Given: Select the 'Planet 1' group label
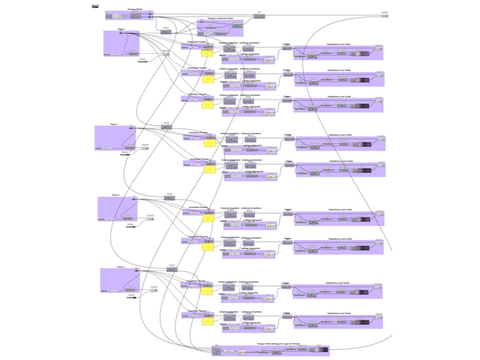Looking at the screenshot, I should [121, 29].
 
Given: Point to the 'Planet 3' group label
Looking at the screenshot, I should [115, 195].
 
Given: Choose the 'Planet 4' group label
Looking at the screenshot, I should [120, 267].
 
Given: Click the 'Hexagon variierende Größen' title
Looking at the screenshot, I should [220, 19].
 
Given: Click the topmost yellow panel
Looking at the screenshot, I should [208, 53].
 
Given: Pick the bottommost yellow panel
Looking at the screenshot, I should [208, 321].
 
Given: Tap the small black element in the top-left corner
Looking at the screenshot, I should [95, 6].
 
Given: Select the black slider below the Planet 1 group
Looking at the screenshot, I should [142, 61].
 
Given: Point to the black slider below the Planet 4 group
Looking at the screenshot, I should [131, 298].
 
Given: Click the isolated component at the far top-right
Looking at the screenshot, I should [384, 14].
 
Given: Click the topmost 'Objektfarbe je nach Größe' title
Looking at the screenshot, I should [338, 43].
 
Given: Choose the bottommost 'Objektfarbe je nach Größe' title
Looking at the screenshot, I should [338, 313].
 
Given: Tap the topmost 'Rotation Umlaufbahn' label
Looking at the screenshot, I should [229, 43].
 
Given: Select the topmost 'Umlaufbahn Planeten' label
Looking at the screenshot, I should [197, 42].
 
